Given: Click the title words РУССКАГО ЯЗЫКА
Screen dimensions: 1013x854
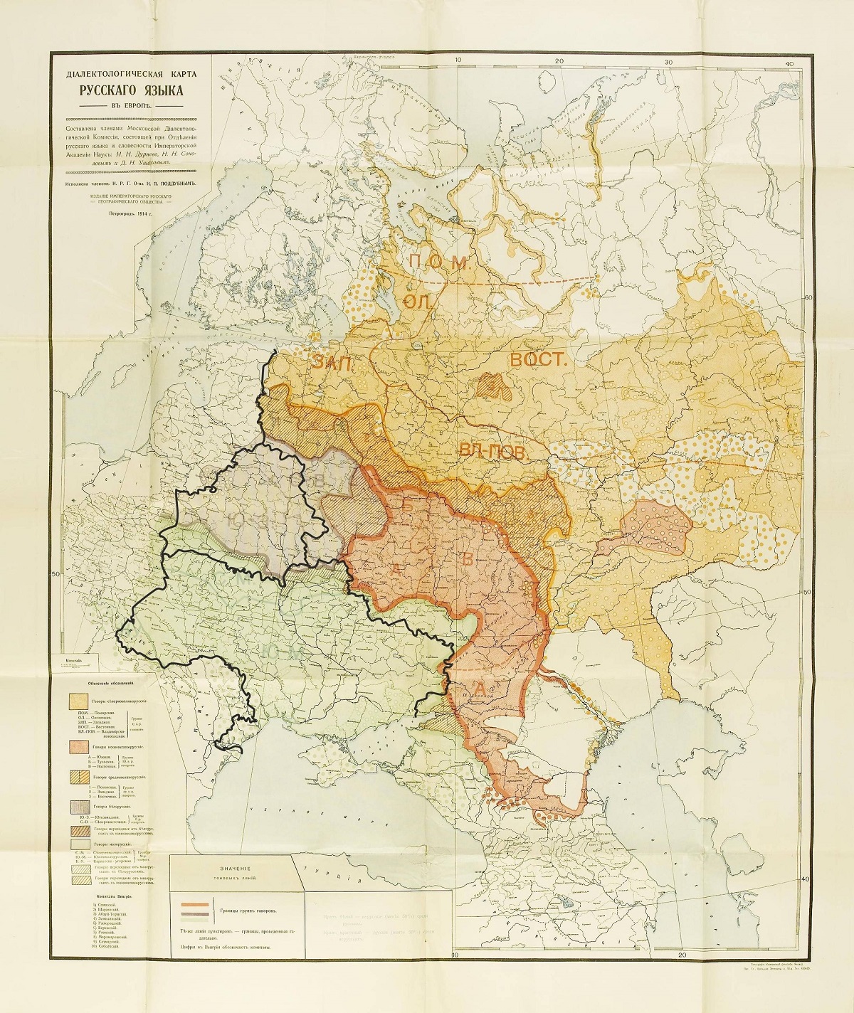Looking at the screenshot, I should pyautogui.click(x=125, y=90).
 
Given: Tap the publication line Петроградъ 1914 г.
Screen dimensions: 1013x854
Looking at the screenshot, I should pyautogui.click(x=125, y=213).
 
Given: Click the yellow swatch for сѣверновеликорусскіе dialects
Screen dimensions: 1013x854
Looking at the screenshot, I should pyautogui.click(x=78, y=700).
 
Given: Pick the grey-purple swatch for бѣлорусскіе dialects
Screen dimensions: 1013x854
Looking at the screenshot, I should pyautogui.click(x=78, y=806).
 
